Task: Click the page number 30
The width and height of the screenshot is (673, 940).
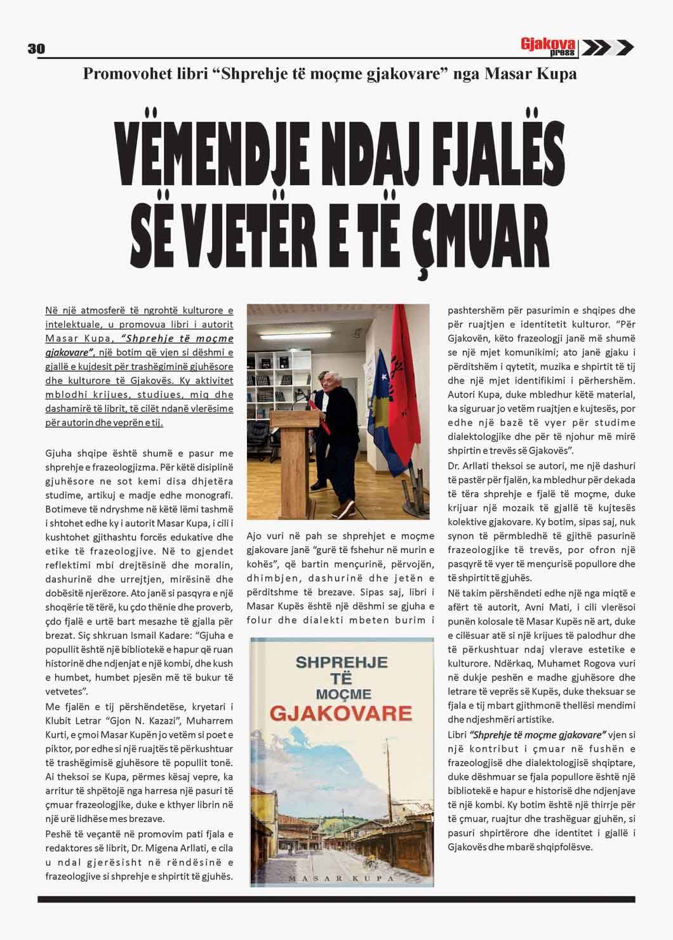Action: tap(35, 49)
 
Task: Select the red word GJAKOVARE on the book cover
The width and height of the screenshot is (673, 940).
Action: tap(341, 713)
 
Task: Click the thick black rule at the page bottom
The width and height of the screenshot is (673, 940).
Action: tap(336, 899)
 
